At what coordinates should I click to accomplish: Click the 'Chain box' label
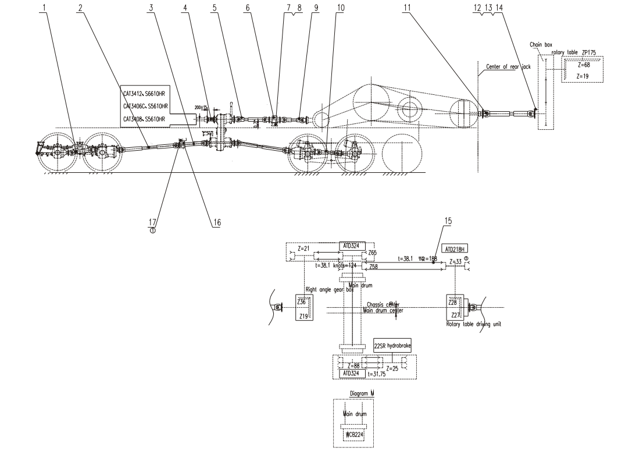pyautogui.click(x=541, y=44)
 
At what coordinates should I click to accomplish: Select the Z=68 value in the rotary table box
pyautogui.click(x=583, y=65)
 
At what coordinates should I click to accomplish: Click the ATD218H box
pyautogui.click(x=456, y=248)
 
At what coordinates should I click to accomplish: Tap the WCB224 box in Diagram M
pyautogui.click(x=352, y=433)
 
